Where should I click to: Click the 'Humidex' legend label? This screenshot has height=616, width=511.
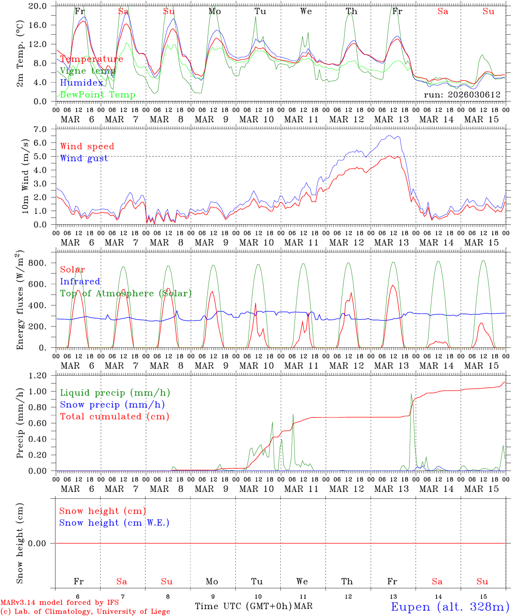82,83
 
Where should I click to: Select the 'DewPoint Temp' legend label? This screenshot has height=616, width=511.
98,95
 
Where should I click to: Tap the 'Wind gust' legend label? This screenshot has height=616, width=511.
84,158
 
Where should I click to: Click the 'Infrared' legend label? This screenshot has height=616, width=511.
80,281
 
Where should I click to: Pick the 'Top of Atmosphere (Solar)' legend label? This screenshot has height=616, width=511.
126,293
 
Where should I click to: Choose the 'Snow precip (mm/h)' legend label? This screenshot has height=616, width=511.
112,405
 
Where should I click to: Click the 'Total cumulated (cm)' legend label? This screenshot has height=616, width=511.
115,417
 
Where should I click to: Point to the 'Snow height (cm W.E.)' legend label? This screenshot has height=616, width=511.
114,523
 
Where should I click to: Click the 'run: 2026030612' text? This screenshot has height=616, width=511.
462,95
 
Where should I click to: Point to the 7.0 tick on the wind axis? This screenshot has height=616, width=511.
43,129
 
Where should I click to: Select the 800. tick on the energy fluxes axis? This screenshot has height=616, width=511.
37,263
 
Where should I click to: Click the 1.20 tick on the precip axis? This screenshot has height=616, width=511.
38,376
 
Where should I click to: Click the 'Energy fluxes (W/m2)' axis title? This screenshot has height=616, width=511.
20,301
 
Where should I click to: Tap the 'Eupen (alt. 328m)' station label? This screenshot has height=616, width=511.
450,607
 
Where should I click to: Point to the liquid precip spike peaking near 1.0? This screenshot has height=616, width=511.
411,394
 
